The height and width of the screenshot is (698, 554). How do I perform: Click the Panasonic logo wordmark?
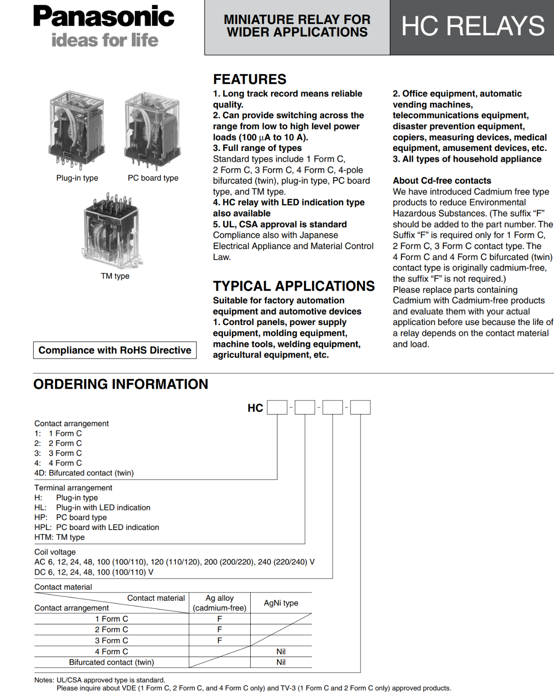103,17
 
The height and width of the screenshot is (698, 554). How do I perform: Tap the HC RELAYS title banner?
472,26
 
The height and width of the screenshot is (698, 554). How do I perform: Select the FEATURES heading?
250,79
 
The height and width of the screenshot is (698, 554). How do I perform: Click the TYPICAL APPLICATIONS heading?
294,286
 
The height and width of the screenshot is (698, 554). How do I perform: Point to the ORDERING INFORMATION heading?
120,384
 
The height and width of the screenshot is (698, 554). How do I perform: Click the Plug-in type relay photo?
77,130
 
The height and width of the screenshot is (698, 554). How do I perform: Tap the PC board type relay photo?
152,130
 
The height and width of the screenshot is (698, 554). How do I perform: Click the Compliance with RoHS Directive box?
115,350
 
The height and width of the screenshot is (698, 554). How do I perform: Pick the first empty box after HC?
277,407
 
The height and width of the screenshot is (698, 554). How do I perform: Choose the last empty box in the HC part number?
360,407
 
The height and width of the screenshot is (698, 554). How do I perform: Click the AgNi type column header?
281,603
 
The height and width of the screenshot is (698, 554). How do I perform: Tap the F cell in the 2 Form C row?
220,630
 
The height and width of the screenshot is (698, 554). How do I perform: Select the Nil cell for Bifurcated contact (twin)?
281,662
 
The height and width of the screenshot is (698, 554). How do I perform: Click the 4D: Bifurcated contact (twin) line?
84,473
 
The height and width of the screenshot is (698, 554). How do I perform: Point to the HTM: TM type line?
59,537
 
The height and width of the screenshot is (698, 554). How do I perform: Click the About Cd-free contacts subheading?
442,181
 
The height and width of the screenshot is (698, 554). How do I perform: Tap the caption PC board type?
153,178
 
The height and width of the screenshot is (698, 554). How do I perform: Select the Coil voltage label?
55,552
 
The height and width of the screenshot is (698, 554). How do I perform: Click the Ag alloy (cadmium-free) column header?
220,603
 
